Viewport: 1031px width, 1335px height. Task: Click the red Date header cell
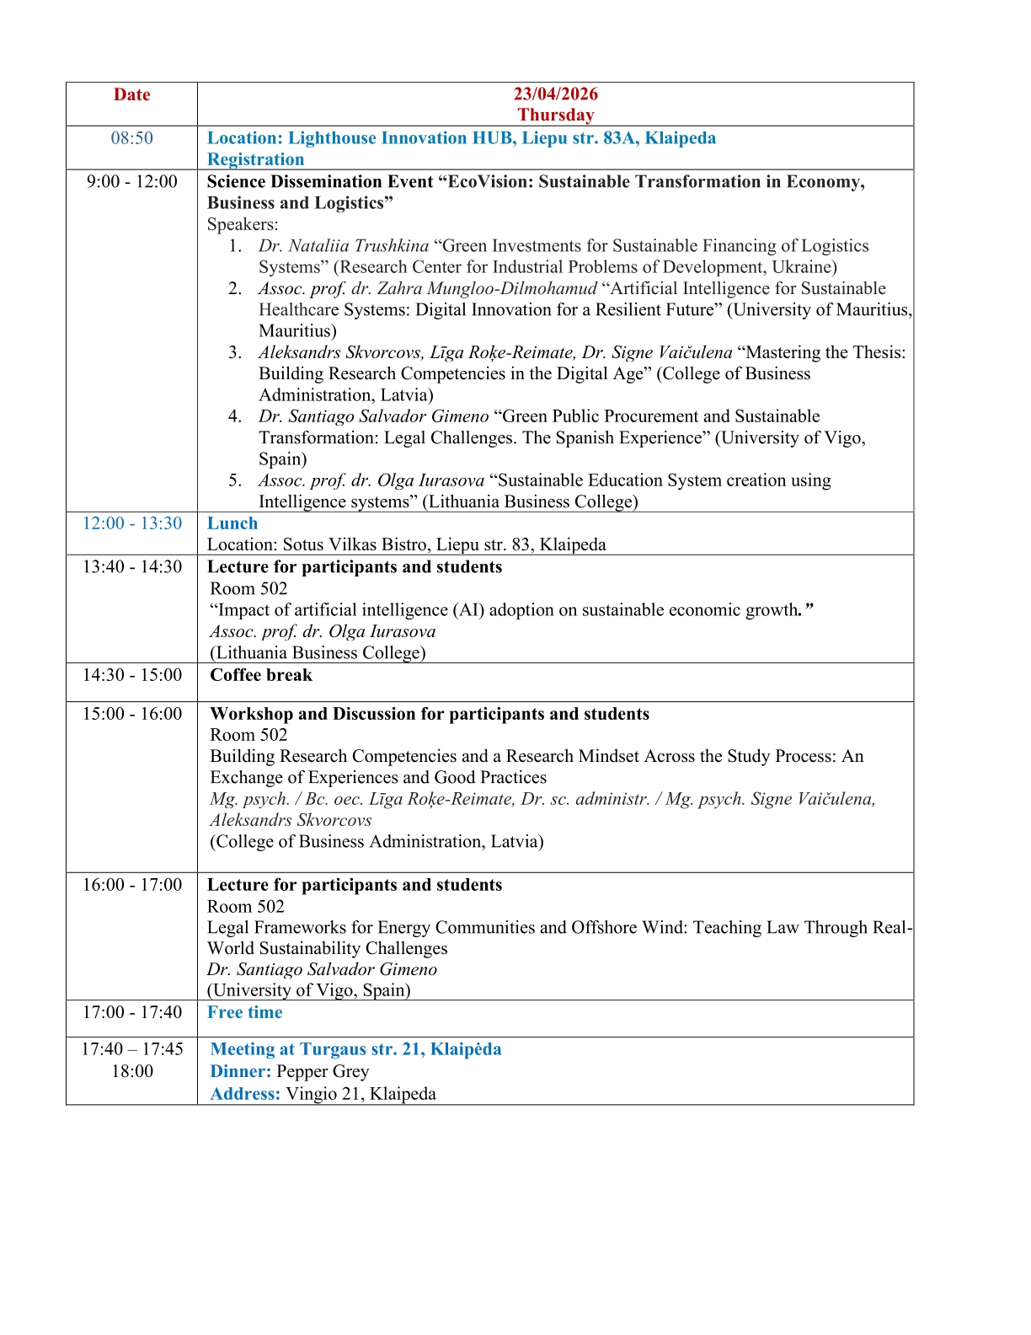click(x=131, y=95)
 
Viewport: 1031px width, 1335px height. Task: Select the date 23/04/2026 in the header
click(x=556, y=94)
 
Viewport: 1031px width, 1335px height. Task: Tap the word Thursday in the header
click(x=556, y=115)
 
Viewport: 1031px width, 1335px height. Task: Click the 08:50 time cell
click(x=131, y=138)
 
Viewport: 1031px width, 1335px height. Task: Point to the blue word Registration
click(x=255, y=159)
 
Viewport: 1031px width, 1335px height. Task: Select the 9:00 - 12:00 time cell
click(x=131, y=182)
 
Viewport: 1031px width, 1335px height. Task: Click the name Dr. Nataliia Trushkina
click(x=344, y=246)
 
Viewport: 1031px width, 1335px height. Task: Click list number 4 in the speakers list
click(x=235, y=416)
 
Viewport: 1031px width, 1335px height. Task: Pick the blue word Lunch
click(x=232, y=523)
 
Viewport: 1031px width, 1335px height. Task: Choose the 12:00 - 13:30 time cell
click(x=131, y=523)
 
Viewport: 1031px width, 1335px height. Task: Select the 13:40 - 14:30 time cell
click(x=131, y=567)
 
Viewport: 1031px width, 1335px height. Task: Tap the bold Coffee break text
click(x=261, y=675)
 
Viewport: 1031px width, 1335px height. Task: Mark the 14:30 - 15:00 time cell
click(x=131, y=675)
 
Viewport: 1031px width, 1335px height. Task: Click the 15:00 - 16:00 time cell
click(x=131, y=714)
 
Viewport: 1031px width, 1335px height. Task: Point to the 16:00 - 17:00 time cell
click(x=131, y=885)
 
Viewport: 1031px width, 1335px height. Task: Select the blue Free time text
click(x=245, y=1012)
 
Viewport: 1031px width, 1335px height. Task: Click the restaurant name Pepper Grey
click(x=323, y=1071)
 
